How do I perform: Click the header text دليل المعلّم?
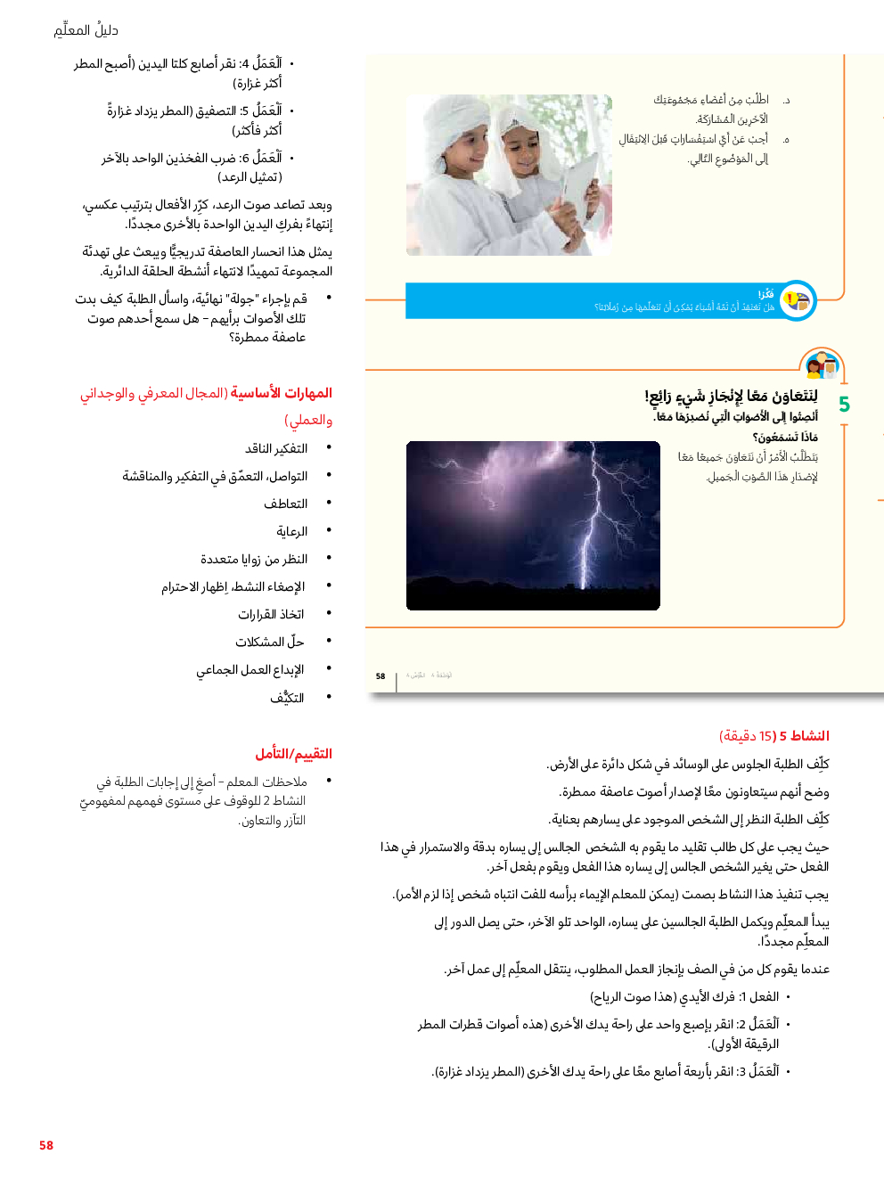pos(86,30)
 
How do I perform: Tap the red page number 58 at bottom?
pos(46,1145)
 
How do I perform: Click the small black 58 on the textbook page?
pos(381,676)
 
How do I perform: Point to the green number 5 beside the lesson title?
pos(844,405)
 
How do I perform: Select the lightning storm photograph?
pos(533,526)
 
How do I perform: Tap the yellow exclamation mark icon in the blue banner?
pos(790,299)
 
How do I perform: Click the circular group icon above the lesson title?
pos(822,365)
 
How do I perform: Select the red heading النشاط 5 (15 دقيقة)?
pos(773,736)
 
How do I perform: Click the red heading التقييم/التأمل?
pos(293,754)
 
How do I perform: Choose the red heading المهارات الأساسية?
pos(281,393)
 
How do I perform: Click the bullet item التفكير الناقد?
pos(276,449)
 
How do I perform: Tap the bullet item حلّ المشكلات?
pos(270,643)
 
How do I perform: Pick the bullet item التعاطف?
pos(285,504)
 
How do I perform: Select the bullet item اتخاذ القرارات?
pos(271,615)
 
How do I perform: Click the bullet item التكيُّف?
pos(287,699)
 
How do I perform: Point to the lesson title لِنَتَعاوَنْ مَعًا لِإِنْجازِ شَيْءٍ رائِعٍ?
pos(731,397)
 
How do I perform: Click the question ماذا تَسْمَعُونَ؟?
pos(785,438)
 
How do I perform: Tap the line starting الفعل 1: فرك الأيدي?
pos(684,997)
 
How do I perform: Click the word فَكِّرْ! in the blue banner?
pos(765,294)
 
